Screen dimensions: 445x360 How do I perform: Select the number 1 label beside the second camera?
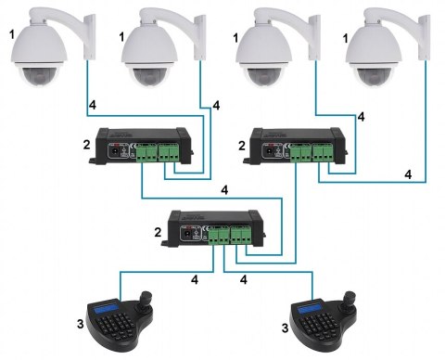click(x=121, y=37)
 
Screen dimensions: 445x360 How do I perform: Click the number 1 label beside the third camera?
click(x=235, y=38)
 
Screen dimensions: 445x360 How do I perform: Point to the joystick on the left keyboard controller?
click(x=146, y=299)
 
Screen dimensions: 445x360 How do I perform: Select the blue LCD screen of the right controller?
click(x=311, y=307)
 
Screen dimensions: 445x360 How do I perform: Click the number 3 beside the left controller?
click(x=81, y=324)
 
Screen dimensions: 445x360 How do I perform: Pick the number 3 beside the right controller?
click(x=285, y=328)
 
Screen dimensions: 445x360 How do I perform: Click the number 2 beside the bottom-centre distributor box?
click(x=158, y=232)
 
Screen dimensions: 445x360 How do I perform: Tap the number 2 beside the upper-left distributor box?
click(x=87, y=144)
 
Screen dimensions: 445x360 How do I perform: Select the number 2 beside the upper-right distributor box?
click(x=241, y=146)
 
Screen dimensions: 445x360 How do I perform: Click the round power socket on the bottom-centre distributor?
click(x=187, y=236)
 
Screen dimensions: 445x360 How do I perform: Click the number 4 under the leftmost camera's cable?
click(x=93, y=105)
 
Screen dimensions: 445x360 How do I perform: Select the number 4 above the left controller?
click(x=195, y=279)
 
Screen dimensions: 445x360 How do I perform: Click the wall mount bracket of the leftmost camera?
click(x=90, y=36)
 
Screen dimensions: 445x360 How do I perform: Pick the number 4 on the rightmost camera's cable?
click(x=408, y=174)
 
